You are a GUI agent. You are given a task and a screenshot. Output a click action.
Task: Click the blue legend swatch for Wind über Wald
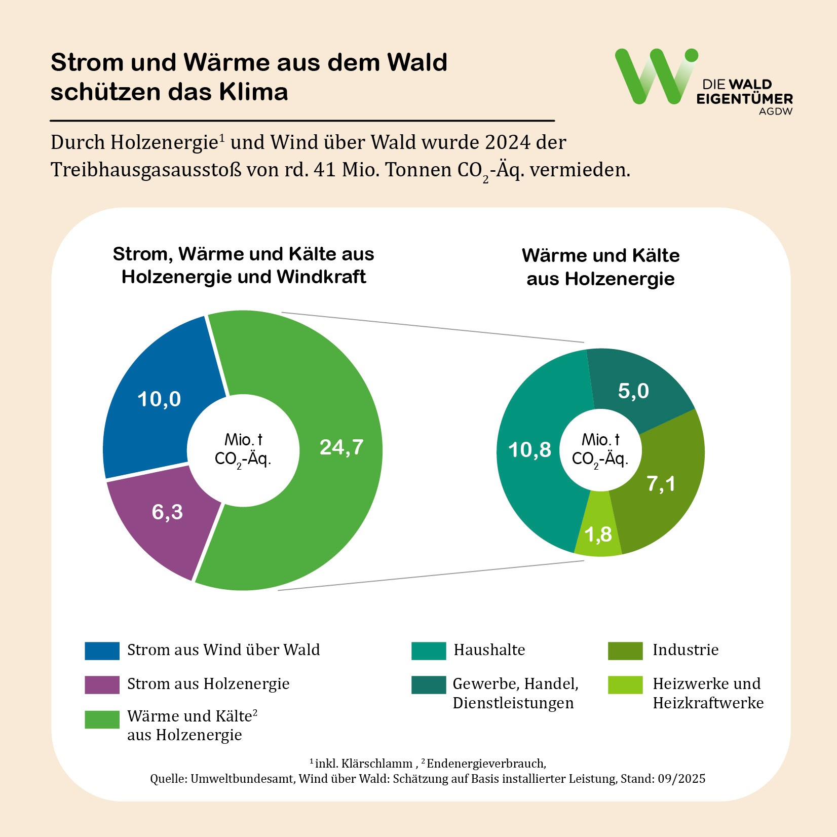tap(102, 651)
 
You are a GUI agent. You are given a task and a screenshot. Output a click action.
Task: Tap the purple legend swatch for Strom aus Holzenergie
tap(102, 684)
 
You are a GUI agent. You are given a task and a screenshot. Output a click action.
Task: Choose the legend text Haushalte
tap(489, 650)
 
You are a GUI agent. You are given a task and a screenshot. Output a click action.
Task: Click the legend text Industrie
tap(685, 650)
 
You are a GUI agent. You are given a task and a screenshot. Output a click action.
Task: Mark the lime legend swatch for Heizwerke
tap(625, 684)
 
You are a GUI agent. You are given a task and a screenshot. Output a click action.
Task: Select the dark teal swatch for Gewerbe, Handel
tap(429, 684)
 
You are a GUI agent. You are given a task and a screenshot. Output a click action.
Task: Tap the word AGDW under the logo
tap(775, 111)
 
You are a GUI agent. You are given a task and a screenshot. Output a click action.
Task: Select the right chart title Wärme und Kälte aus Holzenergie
tap(600, 267)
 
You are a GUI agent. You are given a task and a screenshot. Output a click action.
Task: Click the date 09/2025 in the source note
tap(681, 779)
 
